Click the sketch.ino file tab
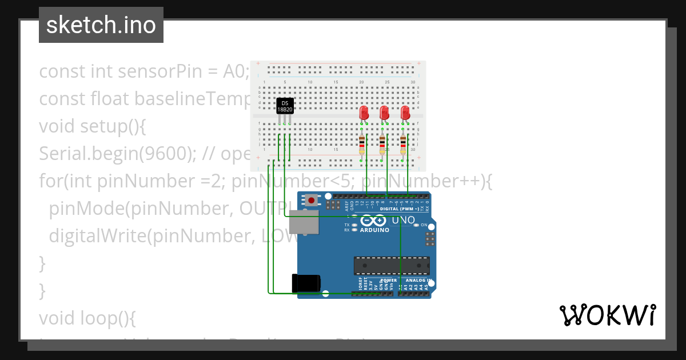pyautogui.click(x=101, y=25)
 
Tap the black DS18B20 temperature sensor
pyautogui.click(x=285, y=106)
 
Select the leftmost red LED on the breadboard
pyautogui.click(x=364, y=113)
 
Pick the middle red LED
pyautogui.click(x=385, y=113)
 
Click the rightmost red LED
pyautogui.click(x=405, y=113)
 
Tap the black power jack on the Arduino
pyautogui.click(x=306, y=284)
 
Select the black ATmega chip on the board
pyautogui.click(x=392, y=266)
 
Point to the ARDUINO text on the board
pyautogui.click(x=374, y=230)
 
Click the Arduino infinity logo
pyautogui.click(x=374, y=221)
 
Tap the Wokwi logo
pyautogui.click(x=607, y=315)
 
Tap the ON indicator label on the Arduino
pyautogui.click(x=424, y=225)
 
